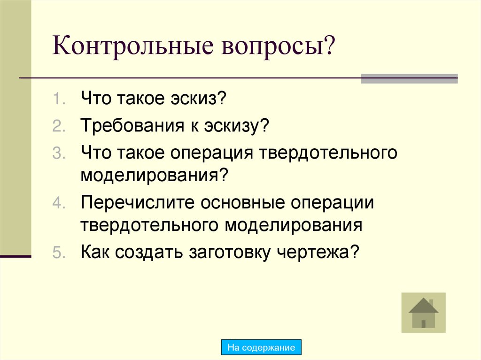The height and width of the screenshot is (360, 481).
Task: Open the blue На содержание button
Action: point(261,348)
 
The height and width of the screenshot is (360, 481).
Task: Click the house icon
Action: point(423,313)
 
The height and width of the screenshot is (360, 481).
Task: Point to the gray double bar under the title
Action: point(409,79)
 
